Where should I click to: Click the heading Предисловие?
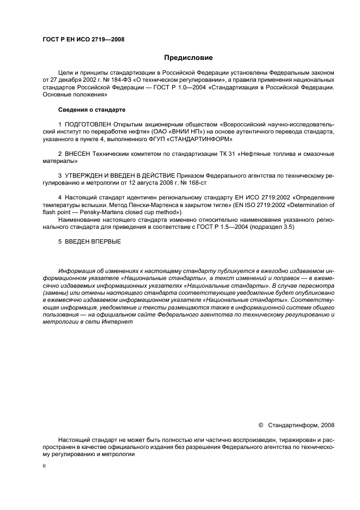point(188,58)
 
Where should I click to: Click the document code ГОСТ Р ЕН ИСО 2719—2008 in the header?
point(83,39)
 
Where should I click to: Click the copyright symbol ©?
point(260,426)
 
